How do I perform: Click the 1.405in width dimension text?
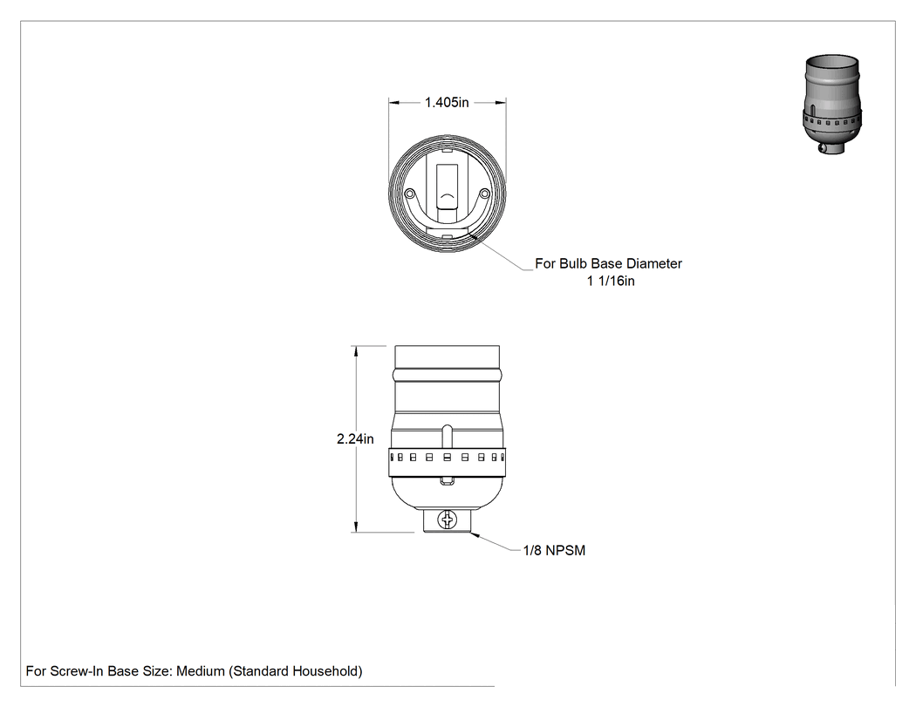click(x=447, y=102)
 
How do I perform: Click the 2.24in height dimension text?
click(x=355, y=438)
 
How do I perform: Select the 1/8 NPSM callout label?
click(x=554, y=551)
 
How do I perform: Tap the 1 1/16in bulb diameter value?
click(x=611, y=281)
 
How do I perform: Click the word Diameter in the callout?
click(x=655, y=263)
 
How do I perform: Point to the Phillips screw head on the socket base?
click(x=448, y=519)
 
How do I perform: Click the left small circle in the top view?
click(x=409, y=194)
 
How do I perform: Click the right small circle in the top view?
click(x=484, y=194)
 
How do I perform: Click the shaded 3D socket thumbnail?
click(x=832, y=104)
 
